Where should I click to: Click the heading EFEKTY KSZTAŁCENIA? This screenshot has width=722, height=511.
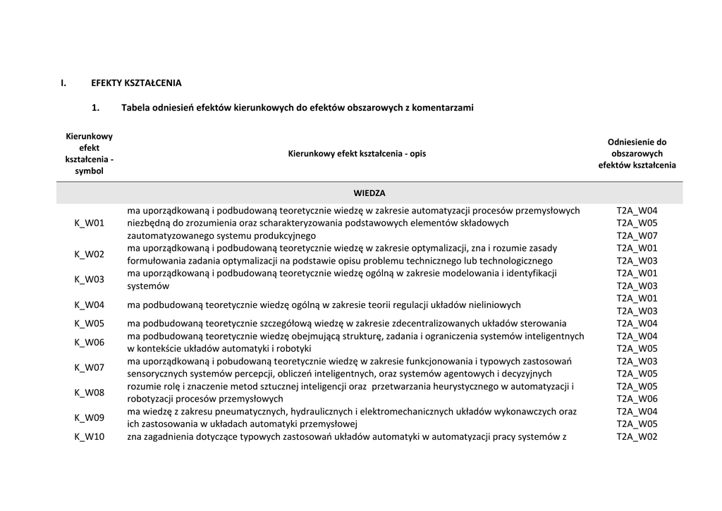point(136,83)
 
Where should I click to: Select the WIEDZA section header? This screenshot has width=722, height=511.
point(369,193)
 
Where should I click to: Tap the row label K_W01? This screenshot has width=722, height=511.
point(90,223)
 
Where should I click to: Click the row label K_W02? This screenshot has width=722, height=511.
point(90,254)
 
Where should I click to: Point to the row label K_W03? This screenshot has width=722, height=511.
point(90,279)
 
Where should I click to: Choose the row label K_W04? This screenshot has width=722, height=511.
point(90,305)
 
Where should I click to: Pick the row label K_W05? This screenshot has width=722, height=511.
point(90,324)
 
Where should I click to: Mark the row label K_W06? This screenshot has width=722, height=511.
point(90,343)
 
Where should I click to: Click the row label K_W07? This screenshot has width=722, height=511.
point(90,367)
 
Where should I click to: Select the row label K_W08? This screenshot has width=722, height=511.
point(90,393)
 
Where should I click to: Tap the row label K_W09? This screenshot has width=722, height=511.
point(90,417)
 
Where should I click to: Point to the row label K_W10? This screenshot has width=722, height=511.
point(90,437)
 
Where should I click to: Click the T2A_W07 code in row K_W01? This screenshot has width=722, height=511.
point(637,235)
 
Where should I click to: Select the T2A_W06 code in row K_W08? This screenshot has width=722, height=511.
point(637,399)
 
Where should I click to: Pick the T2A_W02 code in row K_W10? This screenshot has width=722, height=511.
point(637,437)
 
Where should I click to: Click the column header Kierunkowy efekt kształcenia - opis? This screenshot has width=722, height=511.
point(357,154)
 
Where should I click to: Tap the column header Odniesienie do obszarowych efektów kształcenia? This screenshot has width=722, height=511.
point(637,154)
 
